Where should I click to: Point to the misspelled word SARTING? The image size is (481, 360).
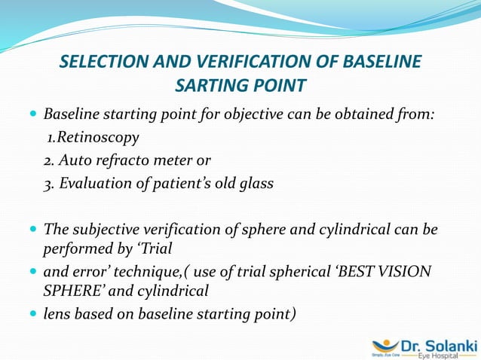[x=213, y=86]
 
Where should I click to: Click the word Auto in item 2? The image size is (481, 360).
[x=78, y=160]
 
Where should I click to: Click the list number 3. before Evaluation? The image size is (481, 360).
[x=48, y=183]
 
